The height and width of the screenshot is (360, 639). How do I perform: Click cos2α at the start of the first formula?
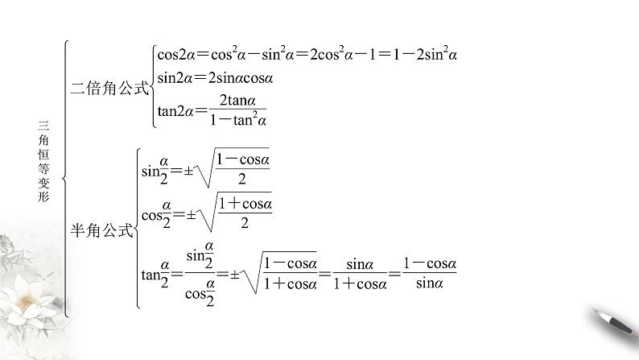coord(173,55)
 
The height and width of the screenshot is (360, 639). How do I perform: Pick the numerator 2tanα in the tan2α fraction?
coord(237,101)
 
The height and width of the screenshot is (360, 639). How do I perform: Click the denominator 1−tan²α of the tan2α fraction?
coord(237,121)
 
